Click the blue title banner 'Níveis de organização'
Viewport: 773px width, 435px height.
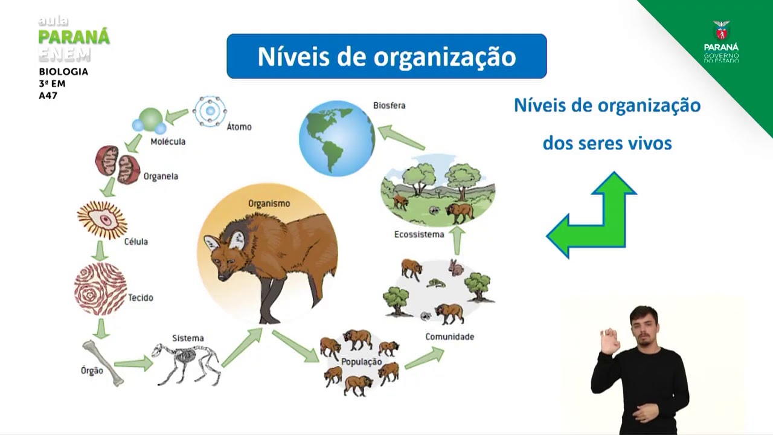coord(386,56)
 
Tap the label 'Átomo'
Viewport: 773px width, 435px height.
coord(239,127)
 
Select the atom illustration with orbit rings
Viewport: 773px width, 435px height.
coord(210,111)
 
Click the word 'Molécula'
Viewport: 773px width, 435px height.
coord(168,141)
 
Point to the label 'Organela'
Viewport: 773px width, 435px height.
coord(161,176)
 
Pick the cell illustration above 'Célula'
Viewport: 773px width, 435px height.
coord(103,220)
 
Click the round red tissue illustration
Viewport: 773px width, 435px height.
coord(100,289)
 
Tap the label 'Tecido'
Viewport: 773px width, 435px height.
coord(141,298)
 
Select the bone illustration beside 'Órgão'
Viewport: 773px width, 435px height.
coord(103,362)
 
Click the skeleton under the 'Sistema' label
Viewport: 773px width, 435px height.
coord(186,364)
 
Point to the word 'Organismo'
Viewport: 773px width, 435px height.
coord(269,204)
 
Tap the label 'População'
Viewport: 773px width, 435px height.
coord(362,362)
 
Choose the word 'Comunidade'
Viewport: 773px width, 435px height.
coord(449,337)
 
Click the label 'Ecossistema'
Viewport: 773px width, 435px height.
coord(419,234)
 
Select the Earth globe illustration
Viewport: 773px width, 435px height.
coord(337,138)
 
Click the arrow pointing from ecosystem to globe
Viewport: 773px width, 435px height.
coord(402,138)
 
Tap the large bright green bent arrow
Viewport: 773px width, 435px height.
coord(595,217)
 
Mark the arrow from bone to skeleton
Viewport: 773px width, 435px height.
coord(133,363)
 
